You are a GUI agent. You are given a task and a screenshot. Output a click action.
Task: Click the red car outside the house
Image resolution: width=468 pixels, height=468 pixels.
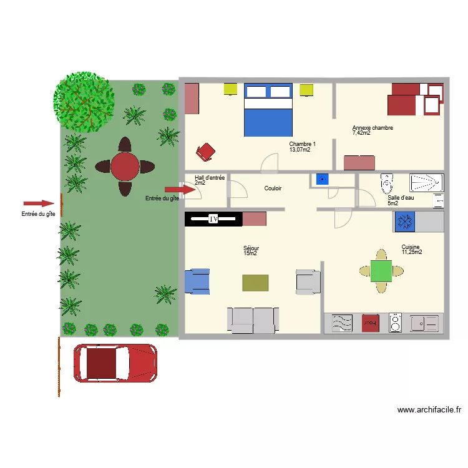coord(115,363)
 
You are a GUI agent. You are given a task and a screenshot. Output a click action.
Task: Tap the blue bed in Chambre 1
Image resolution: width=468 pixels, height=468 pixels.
coord(268,110)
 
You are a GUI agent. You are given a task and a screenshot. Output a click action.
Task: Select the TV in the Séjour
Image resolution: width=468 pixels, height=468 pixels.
coord(213,219)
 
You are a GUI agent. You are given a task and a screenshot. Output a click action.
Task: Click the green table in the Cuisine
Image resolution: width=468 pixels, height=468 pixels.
coord(381,271)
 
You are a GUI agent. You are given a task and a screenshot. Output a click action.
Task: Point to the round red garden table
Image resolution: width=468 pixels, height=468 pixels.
coord(125,167)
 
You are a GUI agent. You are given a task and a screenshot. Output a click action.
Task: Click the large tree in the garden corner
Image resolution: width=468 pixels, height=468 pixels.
coord(85,100)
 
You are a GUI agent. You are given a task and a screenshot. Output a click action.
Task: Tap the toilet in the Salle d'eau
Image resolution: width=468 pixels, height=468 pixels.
coord(387,182)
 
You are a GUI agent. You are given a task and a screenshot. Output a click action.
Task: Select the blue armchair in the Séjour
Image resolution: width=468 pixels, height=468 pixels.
coord(197,281)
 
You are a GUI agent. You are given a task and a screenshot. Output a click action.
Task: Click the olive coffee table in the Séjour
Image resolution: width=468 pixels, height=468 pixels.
coord(255,283)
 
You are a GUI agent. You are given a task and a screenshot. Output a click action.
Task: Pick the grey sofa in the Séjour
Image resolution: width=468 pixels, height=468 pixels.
coord(252,319)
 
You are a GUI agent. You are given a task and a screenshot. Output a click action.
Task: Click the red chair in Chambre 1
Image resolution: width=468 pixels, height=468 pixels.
coord(205,150)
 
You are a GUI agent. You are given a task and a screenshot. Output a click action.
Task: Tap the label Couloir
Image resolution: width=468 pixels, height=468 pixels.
coord(273,188)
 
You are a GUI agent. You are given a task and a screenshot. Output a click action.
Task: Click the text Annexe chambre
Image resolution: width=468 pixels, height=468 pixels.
coord(373,128)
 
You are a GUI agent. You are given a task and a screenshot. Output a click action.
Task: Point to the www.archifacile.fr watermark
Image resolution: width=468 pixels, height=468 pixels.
coord(429,410)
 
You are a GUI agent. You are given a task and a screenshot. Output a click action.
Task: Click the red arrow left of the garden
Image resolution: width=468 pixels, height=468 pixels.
coord(39,203)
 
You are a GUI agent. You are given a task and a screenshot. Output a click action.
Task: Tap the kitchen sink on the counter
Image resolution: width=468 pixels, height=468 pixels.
coord(424,323)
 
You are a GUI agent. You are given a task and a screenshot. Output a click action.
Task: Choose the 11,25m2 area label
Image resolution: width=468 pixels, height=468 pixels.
coord(412,253)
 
